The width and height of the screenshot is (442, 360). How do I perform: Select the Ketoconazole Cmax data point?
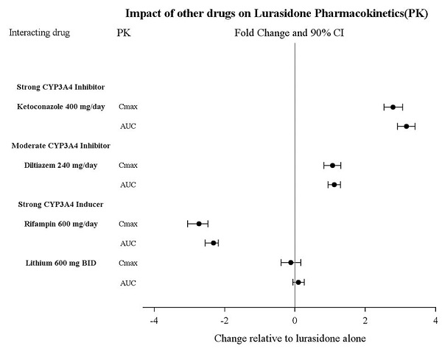[x=393, y=107]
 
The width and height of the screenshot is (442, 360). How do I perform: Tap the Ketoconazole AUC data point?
[x=406, y=127]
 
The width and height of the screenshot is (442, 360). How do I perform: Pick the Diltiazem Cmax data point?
[x=332, y=165]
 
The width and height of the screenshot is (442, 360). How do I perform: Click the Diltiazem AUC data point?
[x=334, y=184]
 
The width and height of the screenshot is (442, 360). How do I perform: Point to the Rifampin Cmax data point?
[x=199, y=223]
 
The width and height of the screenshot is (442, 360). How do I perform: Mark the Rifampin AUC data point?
[x=214, y=243]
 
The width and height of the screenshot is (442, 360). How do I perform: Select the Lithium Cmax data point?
[x=291, y=262]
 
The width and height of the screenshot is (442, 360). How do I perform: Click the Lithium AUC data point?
[x=298, y=282]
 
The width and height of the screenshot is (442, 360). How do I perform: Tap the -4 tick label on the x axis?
[x=154, y=321]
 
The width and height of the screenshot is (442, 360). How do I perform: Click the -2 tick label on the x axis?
[x=224, y=321]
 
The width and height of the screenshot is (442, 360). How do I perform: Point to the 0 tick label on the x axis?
[x=295, y=321]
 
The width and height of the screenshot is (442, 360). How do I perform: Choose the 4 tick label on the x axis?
[x=435, y=321]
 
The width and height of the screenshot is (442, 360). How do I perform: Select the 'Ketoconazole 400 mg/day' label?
[x=56, y=107]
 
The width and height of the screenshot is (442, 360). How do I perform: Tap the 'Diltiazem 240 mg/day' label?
[x=56, y=165]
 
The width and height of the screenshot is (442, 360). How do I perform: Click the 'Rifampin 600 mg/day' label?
[x=56, y=223]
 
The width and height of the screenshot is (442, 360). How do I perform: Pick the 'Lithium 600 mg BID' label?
[x=56, y=262]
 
